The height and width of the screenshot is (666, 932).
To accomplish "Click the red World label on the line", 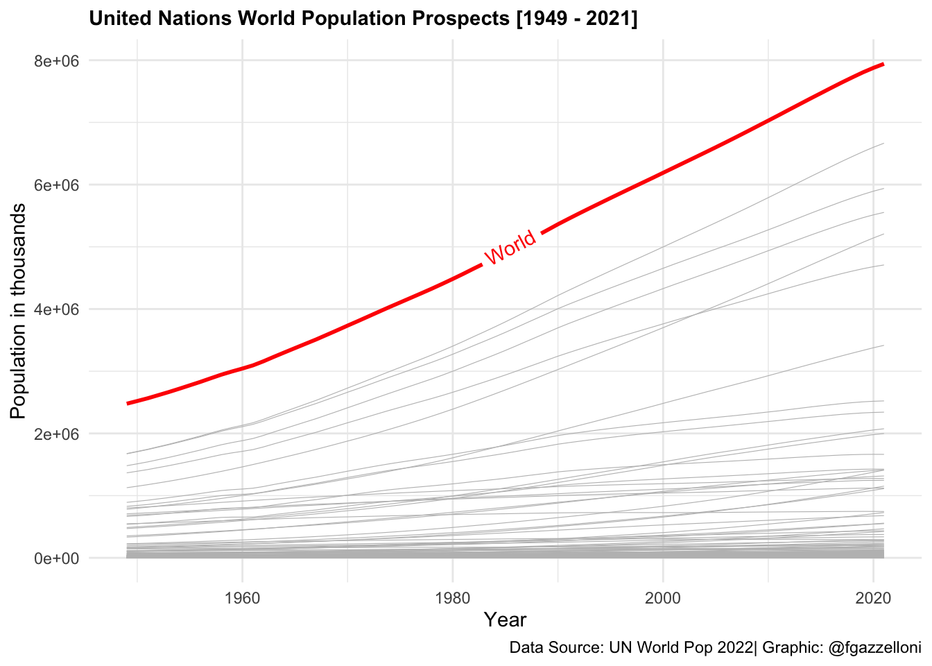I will [x=510, y=247].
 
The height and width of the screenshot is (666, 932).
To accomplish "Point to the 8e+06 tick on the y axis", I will [x=56, y=61].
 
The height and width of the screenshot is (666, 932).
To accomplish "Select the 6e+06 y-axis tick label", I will [x=56, y=185].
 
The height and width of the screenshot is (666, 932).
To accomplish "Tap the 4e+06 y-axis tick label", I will [x=56, y=309].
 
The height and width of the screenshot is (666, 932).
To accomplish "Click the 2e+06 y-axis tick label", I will [x=56, y=434].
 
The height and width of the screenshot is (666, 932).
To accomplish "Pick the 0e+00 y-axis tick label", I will [x=56, y=558].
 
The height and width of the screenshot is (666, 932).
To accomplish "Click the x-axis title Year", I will [x=505, y=620].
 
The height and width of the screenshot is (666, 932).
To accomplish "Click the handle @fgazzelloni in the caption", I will [x=874, y=648].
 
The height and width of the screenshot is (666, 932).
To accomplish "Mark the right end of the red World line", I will [x=883, y=64].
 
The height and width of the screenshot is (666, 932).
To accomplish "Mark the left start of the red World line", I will [x=128, y=403].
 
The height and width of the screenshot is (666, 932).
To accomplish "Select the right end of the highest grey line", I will [x=883, y=144].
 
